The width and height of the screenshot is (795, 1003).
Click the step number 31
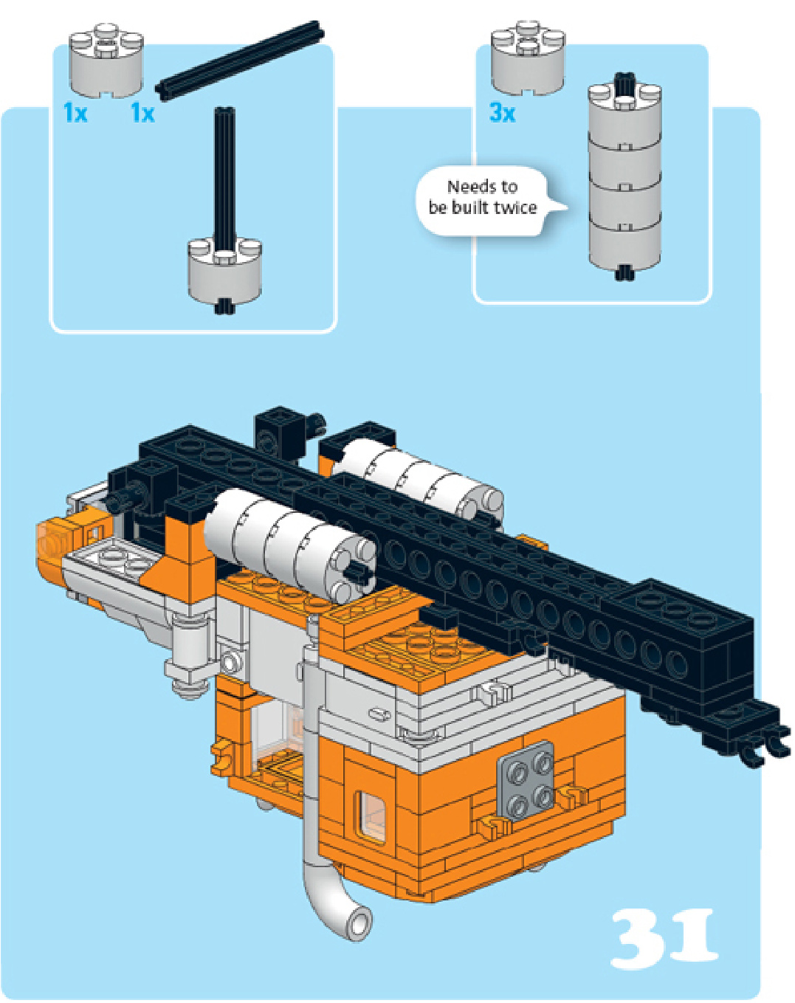click(x=664, y=938)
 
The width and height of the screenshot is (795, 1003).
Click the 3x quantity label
click(x=502, y=113)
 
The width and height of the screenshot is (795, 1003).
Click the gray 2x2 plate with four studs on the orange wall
click(x=526, y=781)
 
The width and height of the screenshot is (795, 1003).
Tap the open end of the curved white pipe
click(x=361, y=922)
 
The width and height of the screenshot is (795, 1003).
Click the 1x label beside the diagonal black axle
click(x=142, y=113)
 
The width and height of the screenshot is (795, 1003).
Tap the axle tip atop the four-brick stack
click(x=624, y=82)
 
